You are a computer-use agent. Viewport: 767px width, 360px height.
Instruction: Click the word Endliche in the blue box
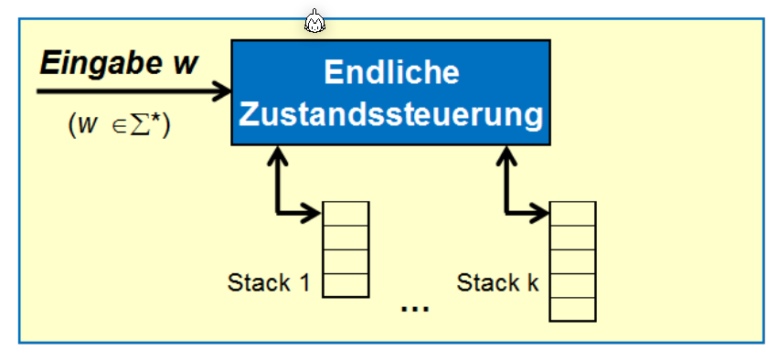pos(391,72)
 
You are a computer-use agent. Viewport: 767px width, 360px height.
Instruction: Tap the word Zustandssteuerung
pos(391,115)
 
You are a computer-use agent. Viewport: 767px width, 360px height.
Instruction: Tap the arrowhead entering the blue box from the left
pos(222,90)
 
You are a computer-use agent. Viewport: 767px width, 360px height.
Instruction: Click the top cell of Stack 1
pos(346,213)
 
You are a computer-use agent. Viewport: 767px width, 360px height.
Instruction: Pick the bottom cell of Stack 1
pos(346,284)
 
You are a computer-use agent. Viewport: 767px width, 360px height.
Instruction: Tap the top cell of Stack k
pos(572,213)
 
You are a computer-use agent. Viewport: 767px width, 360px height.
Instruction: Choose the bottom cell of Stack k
pos(572,309)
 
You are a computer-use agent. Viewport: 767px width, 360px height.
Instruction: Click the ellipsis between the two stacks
pos(415,309)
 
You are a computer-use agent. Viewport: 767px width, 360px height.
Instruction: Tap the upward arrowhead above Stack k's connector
pos(507,155)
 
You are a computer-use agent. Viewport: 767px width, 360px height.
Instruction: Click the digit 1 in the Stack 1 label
pos(303,282)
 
